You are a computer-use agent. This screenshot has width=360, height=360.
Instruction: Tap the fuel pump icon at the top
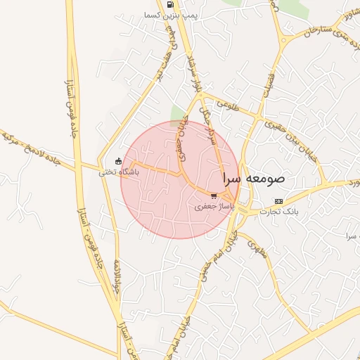pos(171,4)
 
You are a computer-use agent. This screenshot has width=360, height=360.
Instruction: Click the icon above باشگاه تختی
pos(118,160)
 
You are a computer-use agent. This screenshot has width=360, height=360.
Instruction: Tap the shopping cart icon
pos(213,196)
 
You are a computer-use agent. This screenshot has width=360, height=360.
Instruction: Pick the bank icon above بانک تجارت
pos(278,200)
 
